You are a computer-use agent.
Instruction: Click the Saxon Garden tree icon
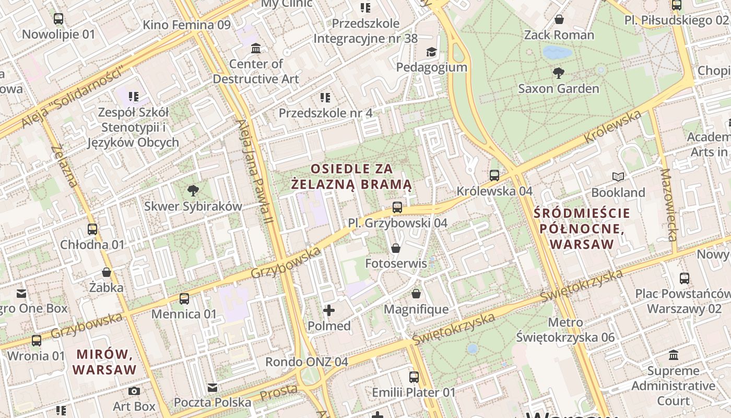point(558,73)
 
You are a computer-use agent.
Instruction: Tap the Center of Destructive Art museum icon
point(256,49)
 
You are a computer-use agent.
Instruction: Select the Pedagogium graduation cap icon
point(431,52)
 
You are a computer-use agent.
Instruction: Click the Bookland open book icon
point(618,177)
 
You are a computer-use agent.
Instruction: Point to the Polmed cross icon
point(329,311)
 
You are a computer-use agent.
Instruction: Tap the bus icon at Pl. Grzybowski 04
point(397,207)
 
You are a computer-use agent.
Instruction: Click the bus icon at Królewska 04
point(494,176)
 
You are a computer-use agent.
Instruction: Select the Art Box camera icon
point(134,391)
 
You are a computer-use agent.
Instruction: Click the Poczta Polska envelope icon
point(212,387)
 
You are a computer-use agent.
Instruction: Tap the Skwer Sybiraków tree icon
point(193,190)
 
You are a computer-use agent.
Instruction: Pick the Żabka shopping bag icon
point(107,272)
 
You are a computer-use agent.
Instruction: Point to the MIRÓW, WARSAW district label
point(104,362)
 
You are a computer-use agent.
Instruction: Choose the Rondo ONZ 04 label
point(306,362)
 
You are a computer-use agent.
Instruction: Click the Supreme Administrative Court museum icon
point(674,355)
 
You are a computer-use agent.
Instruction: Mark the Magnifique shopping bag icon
point(416,294)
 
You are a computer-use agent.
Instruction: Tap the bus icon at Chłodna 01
point(92,229)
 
